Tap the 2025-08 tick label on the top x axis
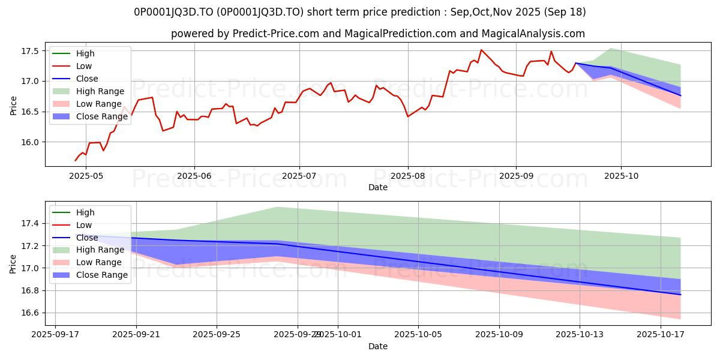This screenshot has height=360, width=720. [x=408, y=176]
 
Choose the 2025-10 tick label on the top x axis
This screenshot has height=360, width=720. [x=620, y=176]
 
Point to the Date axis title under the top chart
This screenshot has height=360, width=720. [x=378, y=187]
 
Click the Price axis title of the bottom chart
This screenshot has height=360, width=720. [x=13, y=263]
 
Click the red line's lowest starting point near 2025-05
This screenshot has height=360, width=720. [x=76, y=161]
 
